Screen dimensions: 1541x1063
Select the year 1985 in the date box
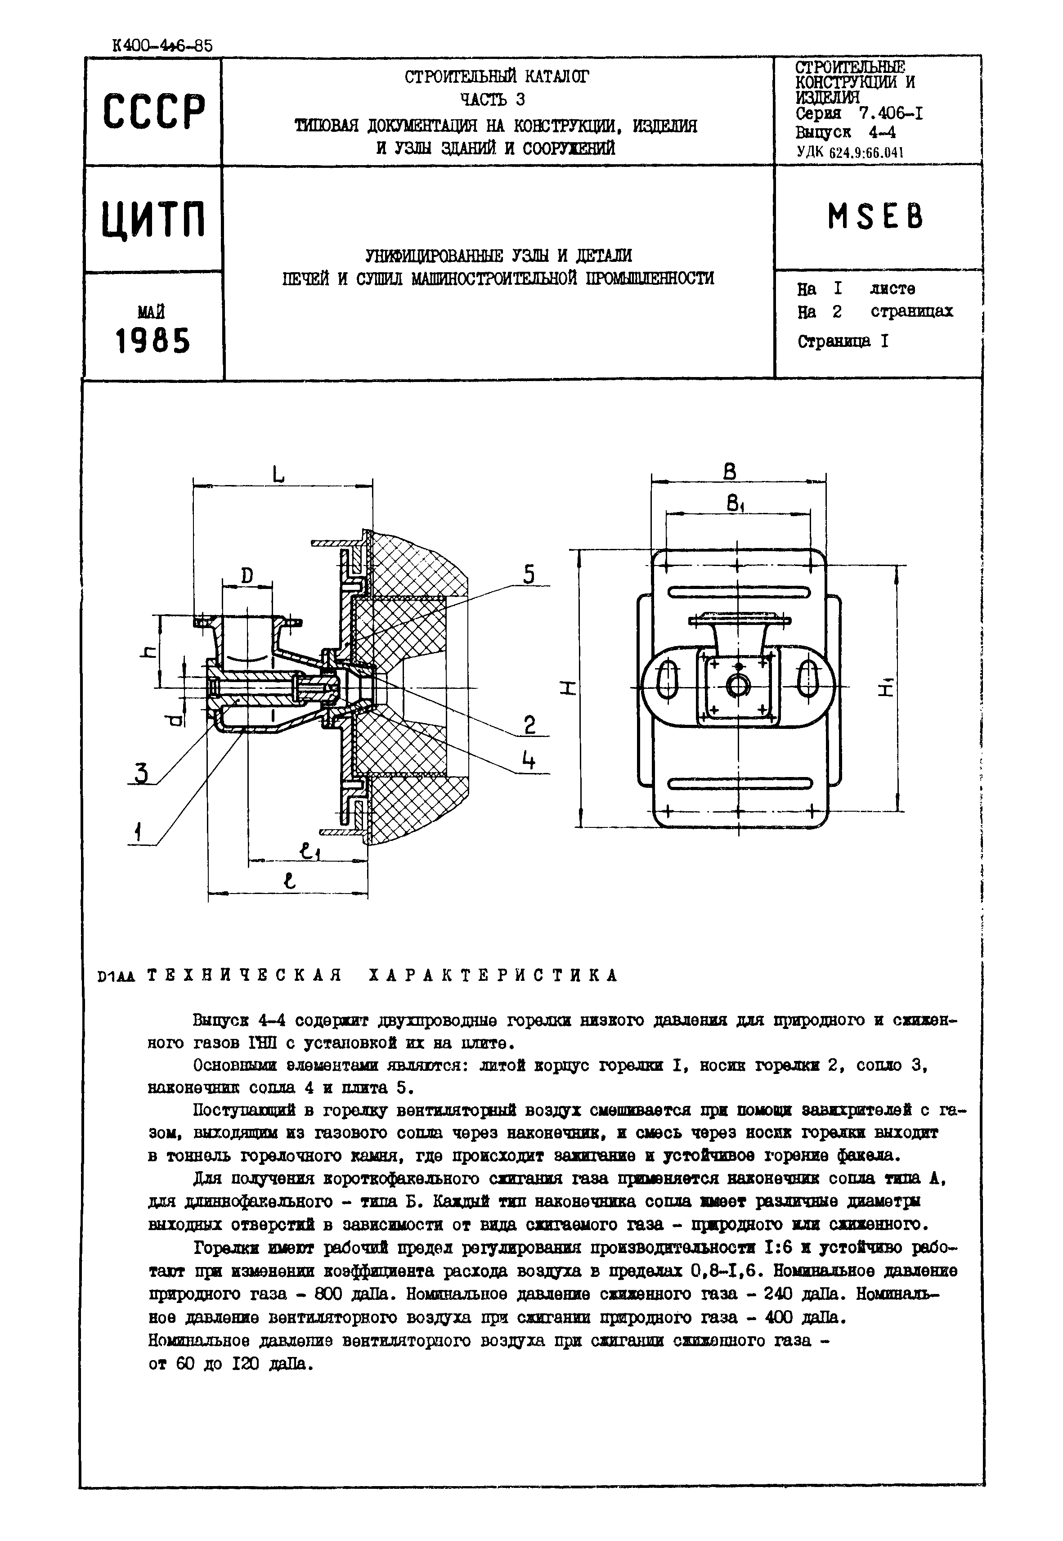tap(153, 341)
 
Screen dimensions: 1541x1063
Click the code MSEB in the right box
tap(875, 216)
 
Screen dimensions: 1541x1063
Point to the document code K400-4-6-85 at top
tap(163, 46)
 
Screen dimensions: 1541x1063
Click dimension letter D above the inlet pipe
tap(247, 575)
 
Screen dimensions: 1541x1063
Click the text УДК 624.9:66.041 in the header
tap(850, 152)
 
